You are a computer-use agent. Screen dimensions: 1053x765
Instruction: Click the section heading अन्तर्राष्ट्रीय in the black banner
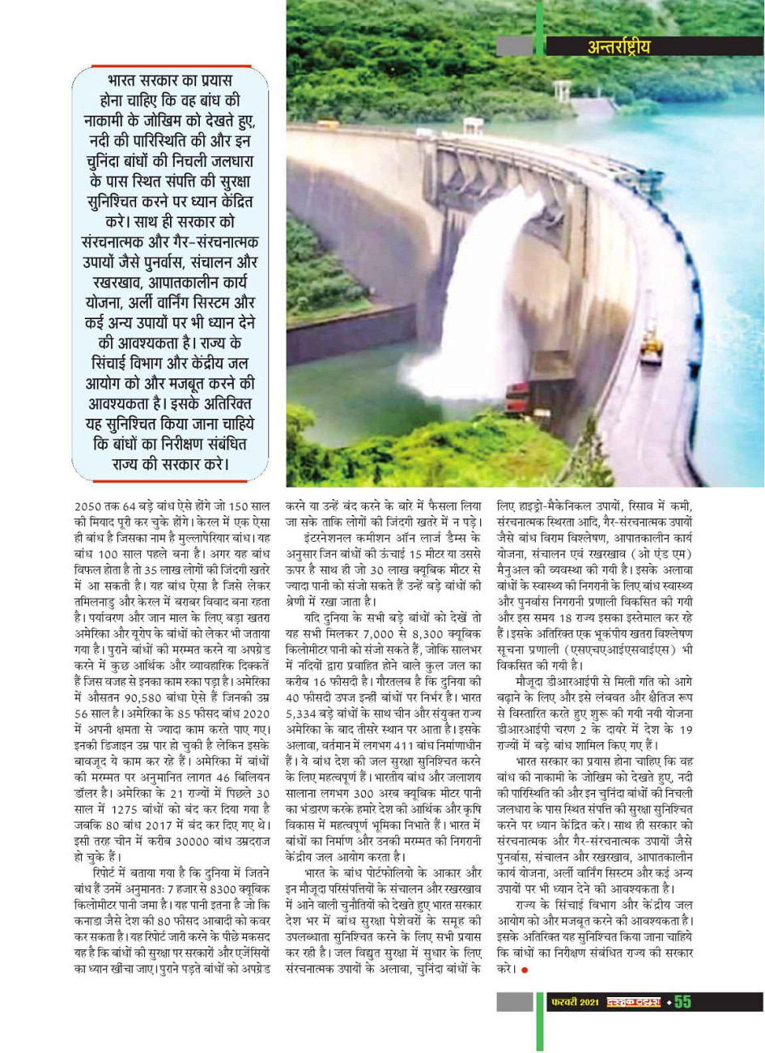tap(618, 46)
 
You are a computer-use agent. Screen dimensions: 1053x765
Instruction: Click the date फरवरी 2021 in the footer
tap(576, 1003)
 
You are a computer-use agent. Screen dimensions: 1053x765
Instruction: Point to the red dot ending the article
tap(524, 970)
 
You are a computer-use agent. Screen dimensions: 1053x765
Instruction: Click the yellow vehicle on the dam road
tap(650, 346)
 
